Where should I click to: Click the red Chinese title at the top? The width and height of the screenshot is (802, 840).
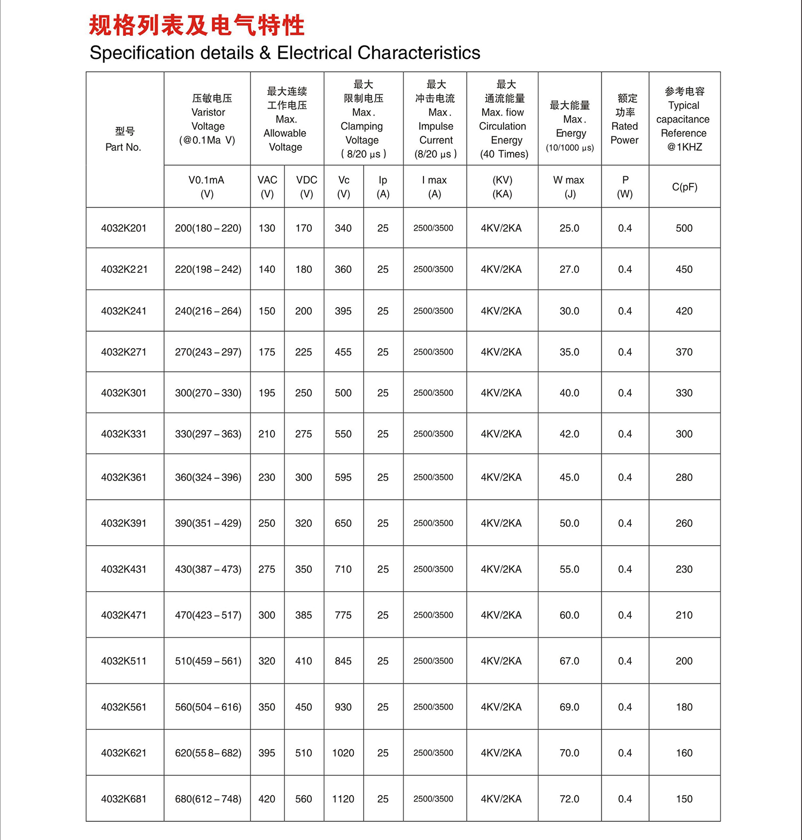(x=196, y=26)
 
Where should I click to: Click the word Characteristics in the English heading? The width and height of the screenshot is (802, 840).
(x=419, y=53)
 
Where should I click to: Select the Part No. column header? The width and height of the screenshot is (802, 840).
(x=124, y=139)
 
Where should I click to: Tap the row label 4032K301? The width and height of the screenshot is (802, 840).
(x=124, y=393)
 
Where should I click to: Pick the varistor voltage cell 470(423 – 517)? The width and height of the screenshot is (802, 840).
(x=208, y=615)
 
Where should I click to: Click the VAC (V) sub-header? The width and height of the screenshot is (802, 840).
(x=267, y=187)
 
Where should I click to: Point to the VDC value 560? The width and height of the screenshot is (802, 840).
(x=304, y=799)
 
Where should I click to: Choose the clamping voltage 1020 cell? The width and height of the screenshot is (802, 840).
(x=343, y=753)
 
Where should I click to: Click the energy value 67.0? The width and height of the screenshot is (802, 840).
(x=569, y=661)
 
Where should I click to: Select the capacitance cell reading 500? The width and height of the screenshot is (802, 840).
(x=684, y=228)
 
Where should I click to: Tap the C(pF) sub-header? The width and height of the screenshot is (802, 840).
(x=684, y=187)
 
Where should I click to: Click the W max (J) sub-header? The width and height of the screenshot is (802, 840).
(x=569, y=187)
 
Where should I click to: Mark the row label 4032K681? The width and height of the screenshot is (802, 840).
(x=124, y=799)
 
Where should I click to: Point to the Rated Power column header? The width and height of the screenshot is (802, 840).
(x=625, y=119)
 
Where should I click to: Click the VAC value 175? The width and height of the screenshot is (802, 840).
(x=267, y=352)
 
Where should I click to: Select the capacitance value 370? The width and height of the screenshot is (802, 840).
(x=684, y=352)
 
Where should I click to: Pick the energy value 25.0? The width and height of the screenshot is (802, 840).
(x=569, y=228)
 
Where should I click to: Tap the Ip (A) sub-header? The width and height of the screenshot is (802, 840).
(x=383, y=187)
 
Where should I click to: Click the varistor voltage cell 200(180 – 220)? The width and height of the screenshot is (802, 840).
(x=208, y=228)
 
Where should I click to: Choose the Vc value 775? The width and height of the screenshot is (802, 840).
(x=343, y=615)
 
